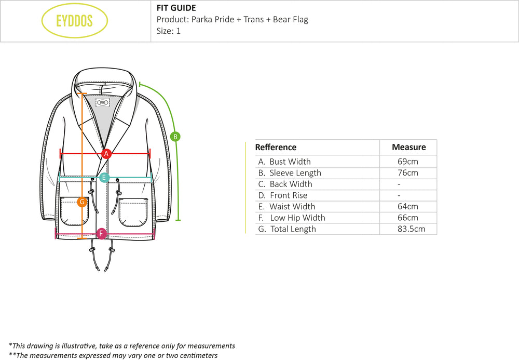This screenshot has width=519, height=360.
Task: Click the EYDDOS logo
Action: click(75, 21)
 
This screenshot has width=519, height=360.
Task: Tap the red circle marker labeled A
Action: click(106, 153)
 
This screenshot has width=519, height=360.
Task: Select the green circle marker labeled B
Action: click(175, 137)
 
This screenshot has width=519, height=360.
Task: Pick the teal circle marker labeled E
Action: click(104, 178)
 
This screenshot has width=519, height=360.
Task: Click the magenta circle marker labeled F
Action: click(101, 233)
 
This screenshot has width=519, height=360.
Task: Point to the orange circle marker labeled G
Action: click(81, 202)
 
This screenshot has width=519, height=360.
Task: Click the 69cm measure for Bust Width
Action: click(407, 162)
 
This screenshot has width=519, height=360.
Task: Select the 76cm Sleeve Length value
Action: click(407, 173)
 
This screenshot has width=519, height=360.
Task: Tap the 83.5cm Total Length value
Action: click(408, 229)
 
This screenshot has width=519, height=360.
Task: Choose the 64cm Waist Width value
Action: click(407, 207)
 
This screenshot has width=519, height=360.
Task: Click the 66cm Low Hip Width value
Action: click(407, 218)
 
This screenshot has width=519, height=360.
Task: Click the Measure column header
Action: click(408, 147)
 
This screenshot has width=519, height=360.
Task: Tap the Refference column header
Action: click(276, 147)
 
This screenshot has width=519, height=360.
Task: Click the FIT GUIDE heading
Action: click(176, 8)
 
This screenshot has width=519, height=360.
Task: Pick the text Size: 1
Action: click(169, 31)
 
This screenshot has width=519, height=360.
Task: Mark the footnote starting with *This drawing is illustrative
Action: click(122, 345)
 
